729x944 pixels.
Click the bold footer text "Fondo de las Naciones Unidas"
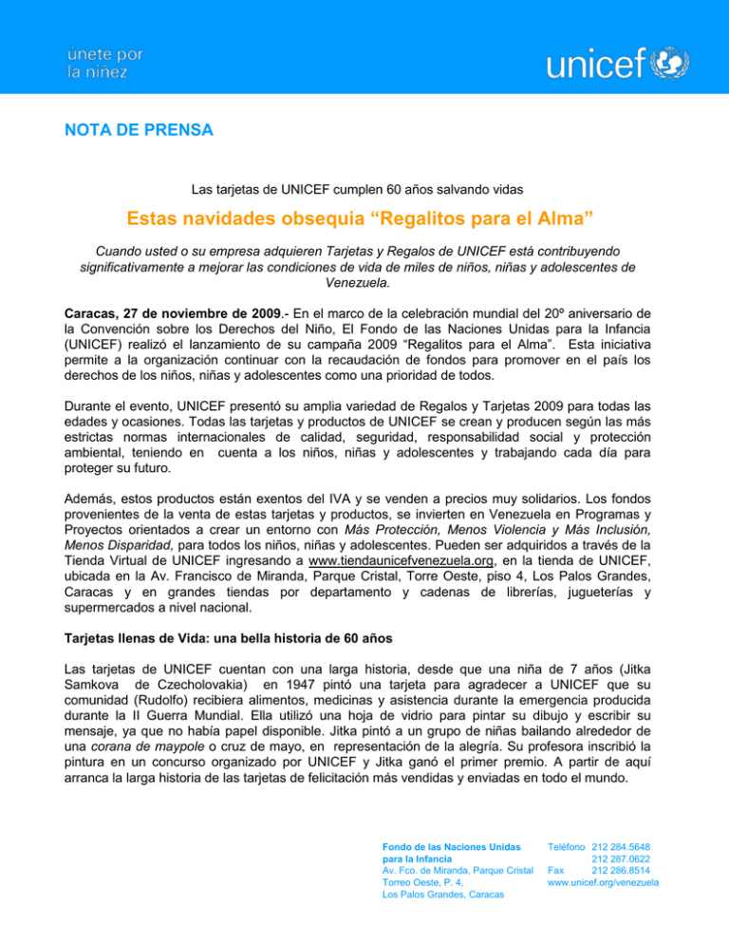tap(445, 844)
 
